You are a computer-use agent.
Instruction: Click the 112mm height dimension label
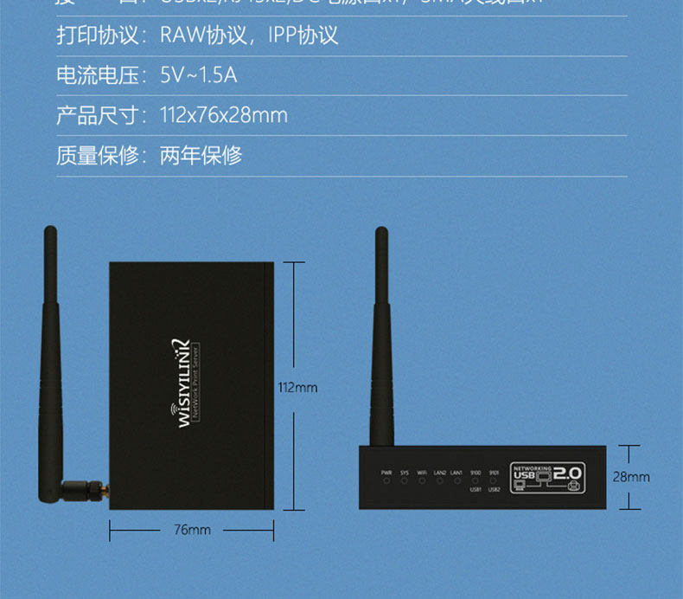click(x=297, y=388)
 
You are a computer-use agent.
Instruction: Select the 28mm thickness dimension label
click(x=631, y=477)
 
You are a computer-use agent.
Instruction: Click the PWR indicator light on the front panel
click(x=386, y=481)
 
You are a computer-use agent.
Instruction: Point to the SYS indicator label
click(x=405, y=473)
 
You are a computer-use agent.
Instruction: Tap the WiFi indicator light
click(x=422, y=481)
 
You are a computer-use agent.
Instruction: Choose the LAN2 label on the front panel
click(x=439, y=473)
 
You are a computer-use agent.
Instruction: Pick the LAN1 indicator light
click(x=456, y=481)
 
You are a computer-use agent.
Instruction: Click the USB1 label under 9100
click(x=476, y=490)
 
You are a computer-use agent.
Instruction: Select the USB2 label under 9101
click(x=494, y=490)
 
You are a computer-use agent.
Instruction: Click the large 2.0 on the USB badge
click(x=568, y=474)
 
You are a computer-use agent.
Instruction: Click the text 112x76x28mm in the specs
click(x=224, y=115)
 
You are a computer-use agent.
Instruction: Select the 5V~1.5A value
click(x=199, y=75)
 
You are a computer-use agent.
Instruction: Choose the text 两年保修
click(x=201, y=156)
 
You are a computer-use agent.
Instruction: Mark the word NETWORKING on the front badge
click(x=532, y=465)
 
